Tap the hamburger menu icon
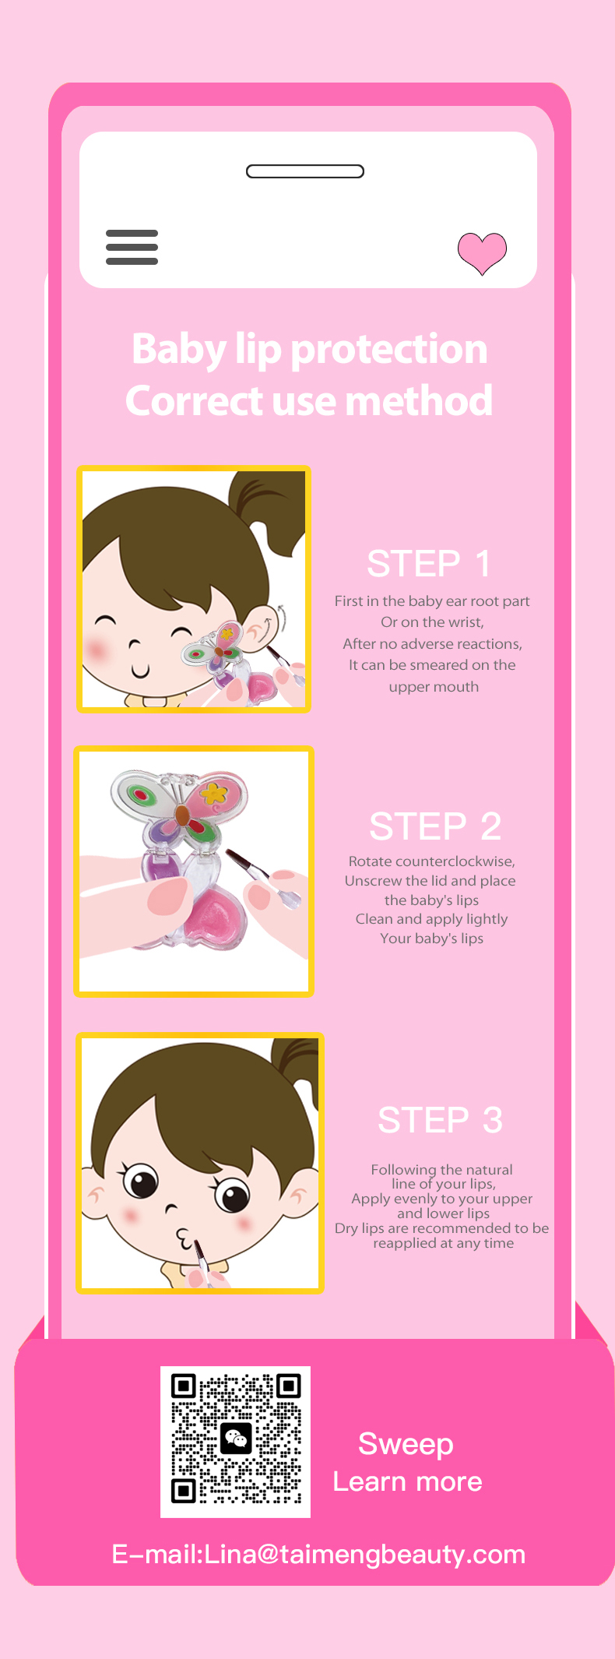coord(132,247)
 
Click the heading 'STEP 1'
coord(429,563)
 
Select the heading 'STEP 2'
coord(435,826)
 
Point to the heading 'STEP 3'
coord(440,1120)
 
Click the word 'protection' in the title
coord(388,348)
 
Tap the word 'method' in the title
coord(419,400)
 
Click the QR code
coord(235,1442)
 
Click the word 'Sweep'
coord(406,1444)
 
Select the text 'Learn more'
coord(407,1481)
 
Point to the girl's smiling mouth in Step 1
coord(140,670)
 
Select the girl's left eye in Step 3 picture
coord(142,1181)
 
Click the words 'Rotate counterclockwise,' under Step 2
coord(432,861)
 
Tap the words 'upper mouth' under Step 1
coord(434,687)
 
